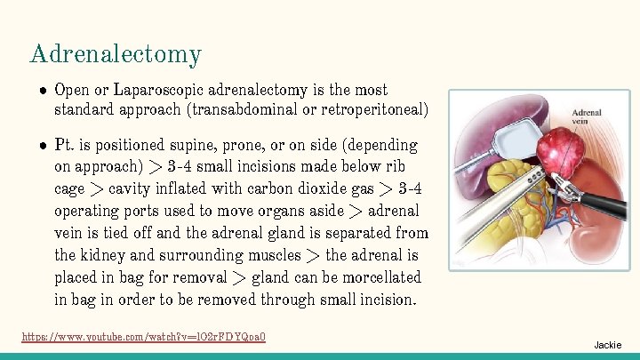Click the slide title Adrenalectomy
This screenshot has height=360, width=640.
116,55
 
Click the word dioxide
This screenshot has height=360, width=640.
307,188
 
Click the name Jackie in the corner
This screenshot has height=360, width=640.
608,345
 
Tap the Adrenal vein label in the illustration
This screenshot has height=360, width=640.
587,118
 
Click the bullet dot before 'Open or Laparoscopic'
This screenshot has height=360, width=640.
42,91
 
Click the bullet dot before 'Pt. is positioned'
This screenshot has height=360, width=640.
42,145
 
